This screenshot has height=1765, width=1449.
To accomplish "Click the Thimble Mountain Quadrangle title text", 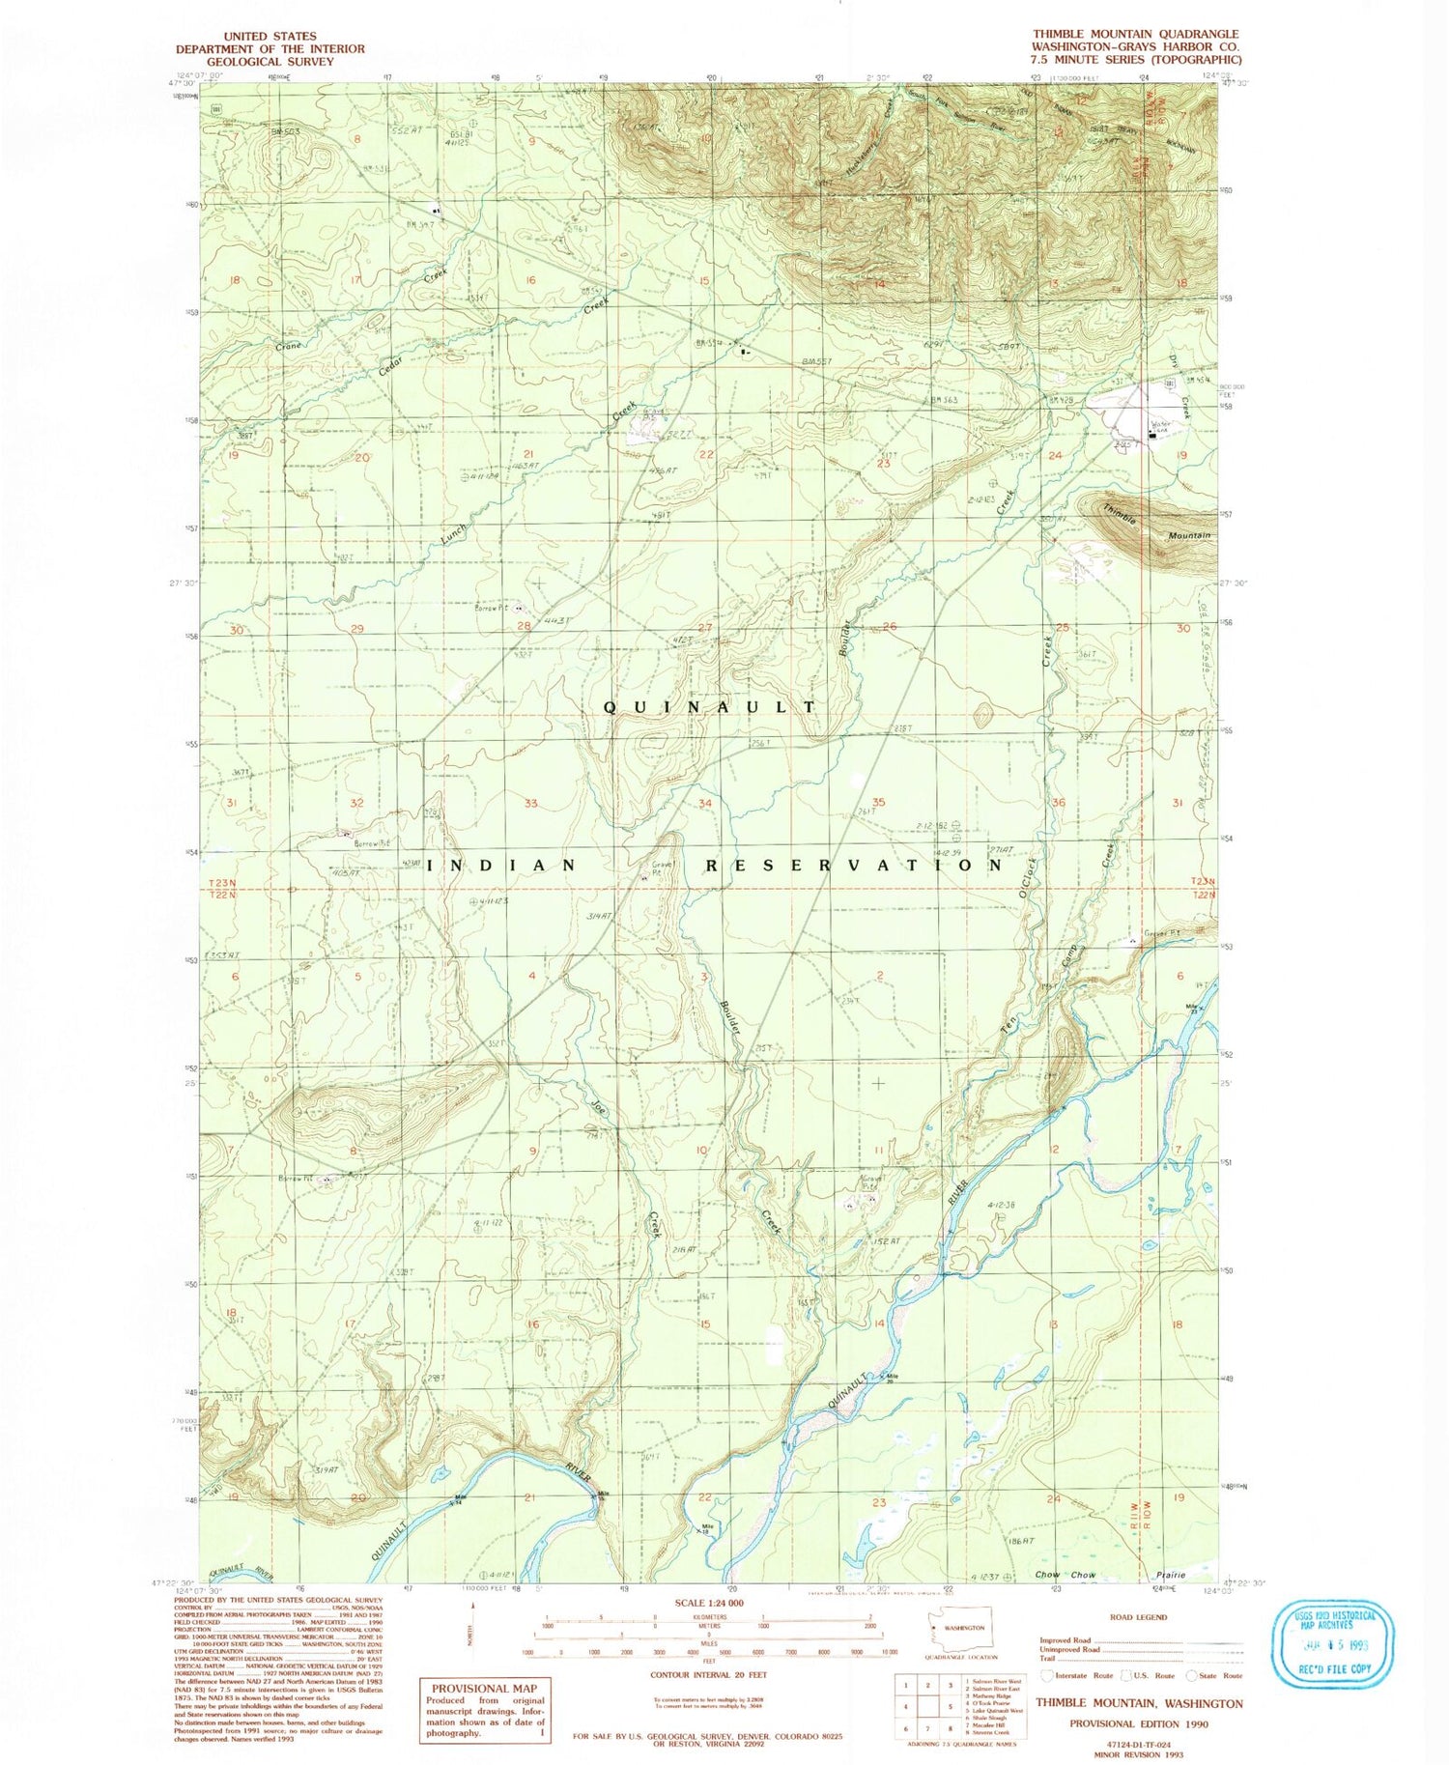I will [x=1135, y=34].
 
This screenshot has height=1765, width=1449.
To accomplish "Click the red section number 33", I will [x=530, y=804].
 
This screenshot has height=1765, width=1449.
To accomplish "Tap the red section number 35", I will [x=878, y=803].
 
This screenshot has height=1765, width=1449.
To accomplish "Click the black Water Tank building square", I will [x=1152, y=436].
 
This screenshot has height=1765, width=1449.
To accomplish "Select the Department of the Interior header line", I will [x=270, y=48].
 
